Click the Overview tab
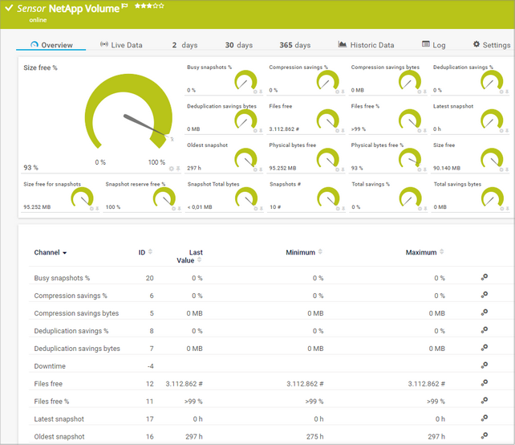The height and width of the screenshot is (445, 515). point(51,45)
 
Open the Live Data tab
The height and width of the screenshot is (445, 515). point(121,45)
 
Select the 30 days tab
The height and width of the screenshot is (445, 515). point(238,45)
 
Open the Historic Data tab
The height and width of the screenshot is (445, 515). point(367,45)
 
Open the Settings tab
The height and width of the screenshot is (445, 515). point(491,45)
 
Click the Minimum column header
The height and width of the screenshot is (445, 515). point(301,252)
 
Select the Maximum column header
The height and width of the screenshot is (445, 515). point(421,252)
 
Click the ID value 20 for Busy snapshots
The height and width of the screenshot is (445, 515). point(149,278)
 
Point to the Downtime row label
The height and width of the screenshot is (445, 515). point(50,366)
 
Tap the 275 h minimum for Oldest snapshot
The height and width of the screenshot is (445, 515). point(314,437)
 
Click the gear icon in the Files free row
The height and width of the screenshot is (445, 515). point(484,384)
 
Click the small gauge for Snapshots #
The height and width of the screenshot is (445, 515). point(327,198)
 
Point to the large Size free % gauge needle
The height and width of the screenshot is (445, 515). point(144,125)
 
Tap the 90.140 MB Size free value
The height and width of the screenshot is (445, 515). point(447,168)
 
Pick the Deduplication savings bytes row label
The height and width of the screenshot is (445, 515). point(77,349)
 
